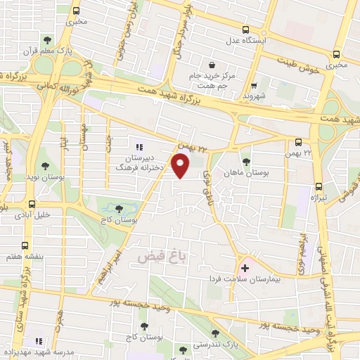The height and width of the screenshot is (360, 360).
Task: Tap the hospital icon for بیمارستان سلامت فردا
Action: pos(245,268)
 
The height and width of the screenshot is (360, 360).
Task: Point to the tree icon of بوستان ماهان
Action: pos(246,160)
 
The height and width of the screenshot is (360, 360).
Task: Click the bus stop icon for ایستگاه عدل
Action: pos(245,30)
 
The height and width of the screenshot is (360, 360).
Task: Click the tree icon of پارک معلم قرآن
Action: pos(47,40)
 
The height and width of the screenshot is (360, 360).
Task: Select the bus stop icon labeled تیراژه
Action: pos(319,187)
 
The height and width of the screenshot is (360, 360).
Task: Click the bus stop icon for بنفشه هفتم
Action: pos(25,246)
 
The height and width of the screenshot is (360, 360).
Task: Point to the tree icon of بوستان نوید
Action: pos(45,167)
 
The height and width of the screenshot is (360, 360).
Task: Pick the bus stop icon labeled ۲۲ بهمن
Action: pos(298,142)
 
